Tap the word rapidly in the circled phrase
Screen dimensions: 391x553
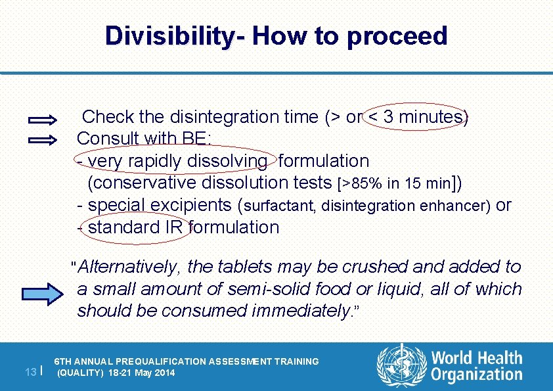(x=157, y=161)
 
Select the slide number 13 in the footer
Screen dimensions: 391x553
(x=30, y=372)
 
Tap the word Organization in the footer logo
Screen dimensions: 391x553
(x=477, y=376)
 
